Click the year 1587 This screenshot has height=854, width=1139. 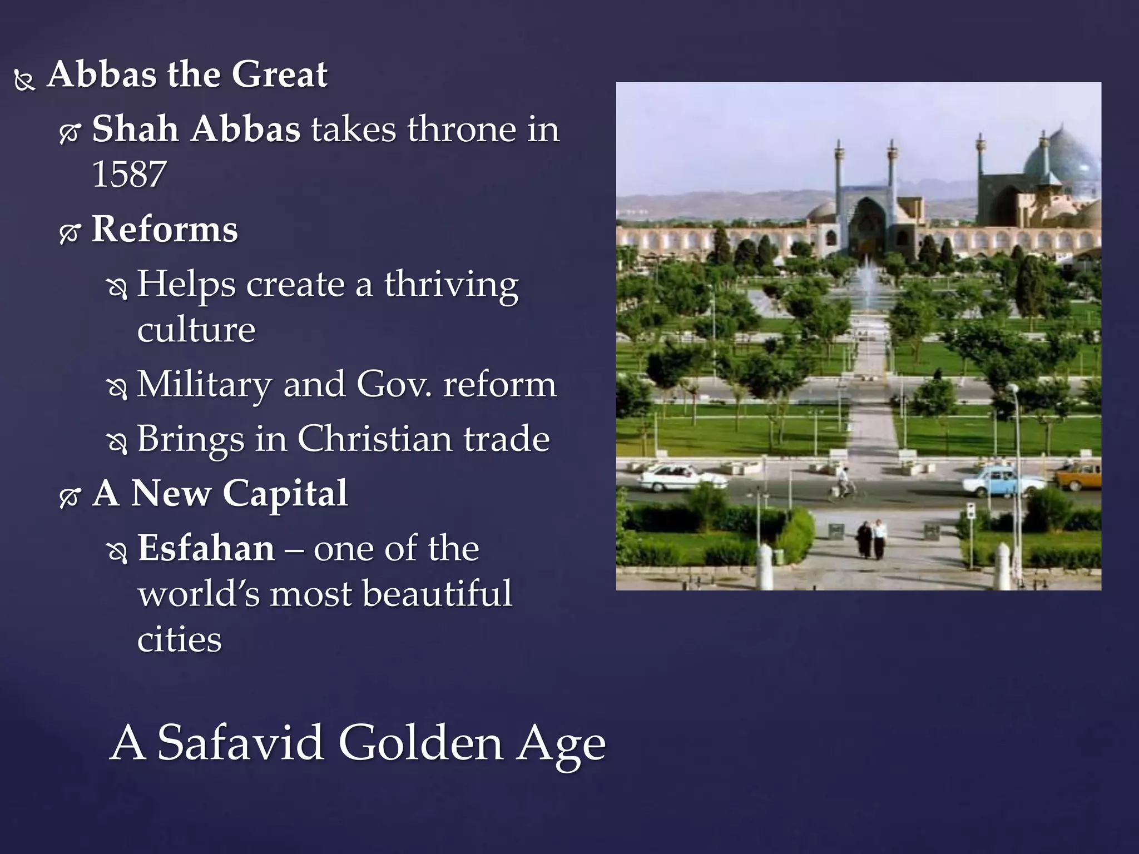pyautogui.click(x=129, y=175)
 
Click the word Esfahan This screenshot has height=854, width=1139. pyautogui.click(x=206, y=548)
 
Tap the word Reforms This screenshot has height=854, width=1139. pyautogui.click(x=165, y=229)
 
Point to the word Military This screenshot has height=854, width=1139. pyautogui.click(x=204, y=384)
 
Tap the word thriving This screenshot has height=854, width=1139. pyautogui.click(x=451, y=285)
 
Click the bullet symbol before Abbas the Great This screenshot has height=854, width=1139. pyautogui.click(x=25, y=81)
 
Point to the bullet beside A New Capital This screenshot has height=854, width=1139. pyautogui.click(x=70, y=496)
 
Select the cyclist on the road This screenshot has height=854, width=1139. pyautogui.click(x=845, y=484)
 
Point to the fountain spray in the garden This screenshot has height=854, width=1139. pyautogui.click(x=866, y=284)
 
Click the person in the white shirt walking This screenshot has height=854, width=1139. pyautogui.click(x=880, y=538)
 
